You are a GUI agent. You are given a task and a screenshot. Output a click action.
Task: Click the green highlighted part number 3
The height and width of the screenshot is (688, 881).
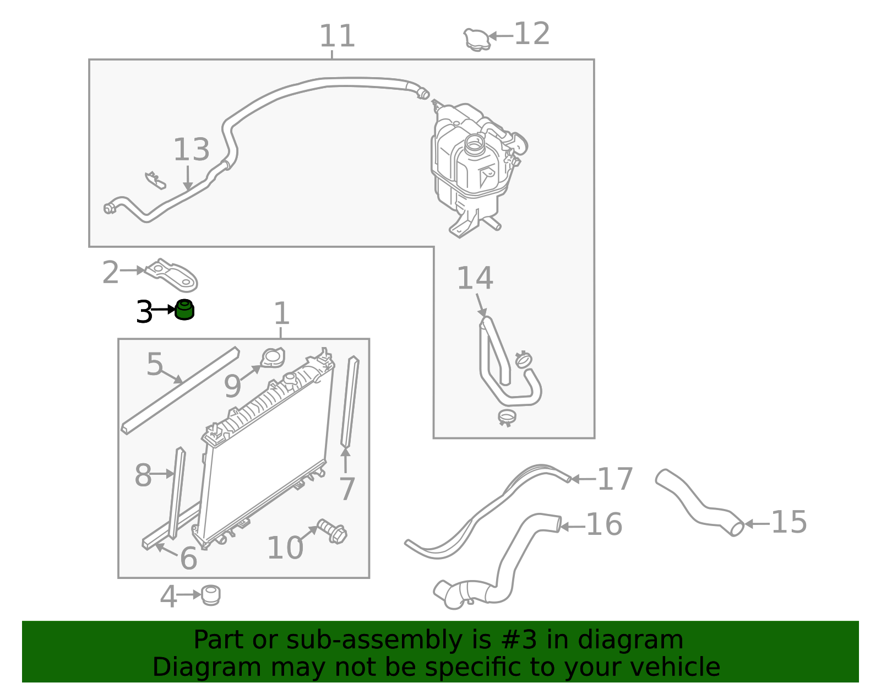pyautogui.click(x=184, y=310)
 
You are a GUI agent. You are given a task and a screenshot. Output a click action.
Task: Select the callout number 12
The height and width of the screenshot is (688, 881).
pyautogui.click(x=531, y=34)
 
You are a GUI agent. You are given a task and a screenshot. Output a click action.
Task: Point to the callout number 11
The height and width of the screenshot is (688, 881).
pyautogui.click(x=337, y=36)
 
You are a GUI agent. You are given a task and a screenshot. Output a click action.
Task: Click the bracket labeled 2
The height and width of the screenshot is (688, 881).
pyautogui.click(x=173, y=274)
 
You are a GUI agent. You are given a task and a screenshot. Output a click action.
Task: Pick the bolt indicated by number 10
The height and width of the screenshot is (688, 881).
pyautogui.click(x=333, y=532)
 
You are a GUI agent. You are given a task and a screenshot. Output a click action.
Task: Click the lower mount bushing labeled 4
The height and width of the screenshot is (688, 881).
pyautogui.click(x=210, y=595)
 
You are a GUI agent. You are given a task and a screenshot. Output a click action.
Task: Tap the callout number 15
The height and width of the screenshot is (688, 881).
pyautogui.click(x=788, y=522)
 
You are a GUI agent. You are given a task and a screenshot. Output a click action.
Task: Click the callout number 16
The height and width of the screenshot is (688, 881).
pyautogui.click(x=603, y=524)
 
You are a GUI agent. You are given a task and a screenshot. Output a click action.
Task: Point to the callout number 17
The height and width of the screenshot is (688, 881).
pyautogui.click(x=614, y=479)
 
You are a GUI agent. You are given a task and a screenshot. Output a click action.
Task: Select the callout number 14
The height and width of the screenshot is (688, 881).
pyautogui.click(x=475, y=278)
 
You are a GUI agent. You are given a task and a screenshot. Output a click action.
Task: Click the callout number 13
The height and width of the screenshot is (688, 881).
pyautogui.click(x=191, y=150)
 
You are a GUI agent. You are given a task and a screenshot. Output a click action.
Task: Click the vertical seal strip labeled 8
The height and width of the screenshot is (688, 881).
pyautogui.click(x=176, y=493)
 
